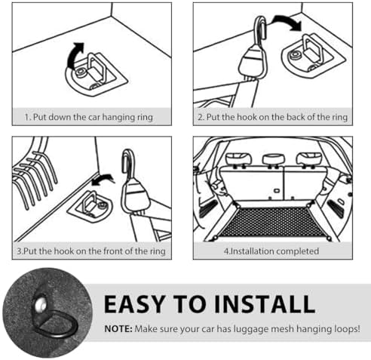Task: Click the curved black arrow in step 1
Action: coord(73,55)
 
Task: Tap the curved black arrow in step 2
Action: coord(287,20)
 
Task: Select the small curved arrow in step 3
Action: coord(103,179)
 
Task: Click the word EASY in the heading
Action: coord(135,304)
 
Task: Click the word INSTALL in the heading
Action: coord(265,304)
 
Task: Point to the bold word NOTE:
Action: coord(118,329)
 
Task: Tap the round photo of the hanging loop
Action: coord(48,312)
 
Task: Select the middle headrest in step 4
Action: coord(274,159)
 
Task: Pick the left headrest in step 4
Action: coord(238,158)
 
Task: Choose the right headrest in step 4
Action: coord(308,158)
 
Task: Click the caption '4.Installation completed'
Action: coord(271,251)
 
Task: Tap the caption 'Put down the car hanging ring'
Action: coord(93,117)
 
